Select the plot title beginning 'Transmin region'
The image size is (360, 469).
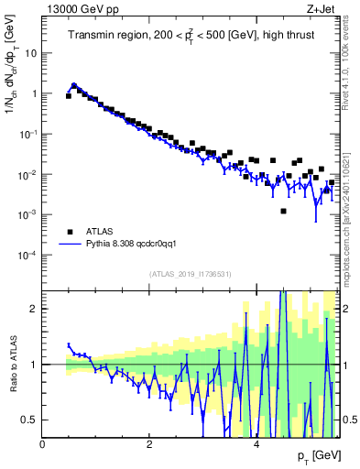click(x=190, y=36)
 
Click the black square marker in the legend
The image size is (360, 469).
click(x=69, y=232)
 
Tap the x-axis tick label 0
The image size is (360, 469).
click(x=43, y=443)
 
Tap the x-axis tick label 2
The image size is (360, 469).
click(x=149, y=443)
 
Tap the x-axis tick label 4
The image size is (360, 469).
click(x=256, y=443)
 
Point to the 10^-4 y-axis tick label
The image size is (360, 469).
click(x=27, y=255)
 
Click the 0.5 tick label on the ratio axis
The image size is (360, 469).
click(x=29, y=420)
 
